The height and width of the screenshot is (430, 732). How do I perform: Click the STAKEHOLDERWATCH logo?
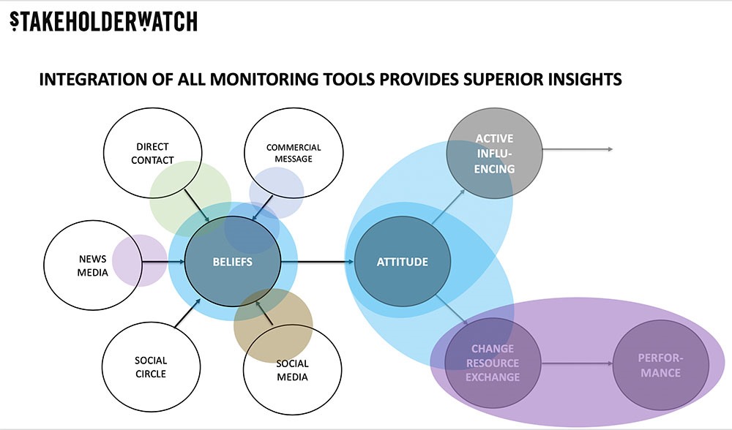pyautogui.click(x=104, y=21)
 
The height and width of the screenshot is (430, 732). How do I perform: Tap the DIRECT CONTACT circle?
pyautogui.click(x=152, y=153)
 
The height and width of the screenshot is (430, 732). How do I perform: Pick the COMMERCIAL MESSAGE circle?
pyautogui.click(x=294, y=153)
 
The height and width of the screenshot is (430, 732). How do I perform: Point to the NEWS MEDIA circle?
pyautogui.click(x=92, y=265)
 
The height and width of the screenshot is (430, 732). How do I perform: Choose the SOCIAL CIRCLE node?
pyautogui.click(x=151, y=366)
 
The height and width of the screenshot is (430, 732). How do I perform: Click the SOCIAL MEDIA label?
pyautogui.click(x=292, y=370)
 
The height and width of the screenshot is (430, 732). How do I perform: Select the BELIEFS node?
pyautogui.click(x=233, y=261)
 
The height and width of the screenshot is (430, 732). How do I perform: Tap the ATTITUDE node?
pyautogui.click(x=403, y=261)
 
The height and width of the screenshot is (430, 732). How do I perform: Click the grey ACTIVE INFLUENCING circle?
pyautogui.click(x=494, y=154)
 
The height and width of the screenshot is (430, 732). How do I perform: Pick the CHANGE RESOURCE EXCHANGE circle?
pyautogui.click(x=493, y=363)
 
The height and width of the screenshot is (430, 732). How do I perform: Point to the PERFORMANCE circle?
pyautogui.click(x=660, y=365)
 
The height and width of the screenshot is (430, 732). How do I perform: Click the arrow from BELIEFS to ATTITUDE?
pyautogui.click(x=318, y=262)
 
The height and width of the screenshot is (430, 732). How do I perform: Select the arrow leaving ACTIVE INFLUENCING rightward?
pyautogui.click(x=578, y=149)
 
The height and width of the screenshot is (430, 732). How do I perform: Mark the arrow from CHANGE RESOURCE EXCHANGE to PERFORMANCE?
pyautogui.click(x=577, y=363)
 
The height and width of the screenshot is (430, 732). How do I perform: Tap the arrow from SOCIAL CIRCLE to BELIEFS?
pyautogui.click(x=187, y=312)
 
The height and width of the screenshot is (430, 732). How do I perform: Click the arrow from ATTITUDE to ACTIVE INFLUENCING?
pyautogui.click(x=448, y=207)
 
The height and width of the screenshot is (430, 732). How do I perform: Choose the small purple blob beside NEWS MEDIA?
pyautogui.click(x=140, y=260)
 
